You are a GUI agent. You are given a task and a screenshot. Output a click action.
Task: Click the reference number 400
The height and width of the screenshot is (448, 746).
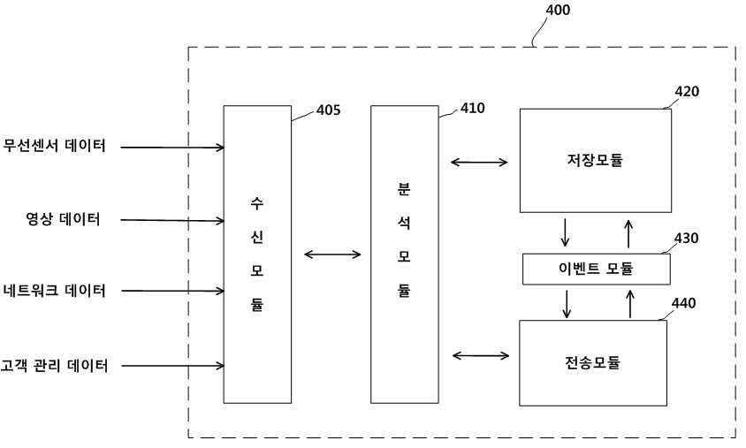(x=557, y=10)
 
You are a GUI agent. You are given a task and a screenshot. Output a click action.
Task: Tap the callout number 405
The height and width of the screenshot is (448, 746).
(x=328, y=110)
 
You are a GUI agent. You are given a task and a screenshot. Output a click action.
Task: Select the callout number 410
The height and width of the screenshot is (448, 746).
(x=472, y=109)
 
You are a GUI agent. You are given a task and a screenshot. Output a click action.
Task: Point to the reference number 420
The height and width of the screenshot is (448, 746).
(x=687, y=91)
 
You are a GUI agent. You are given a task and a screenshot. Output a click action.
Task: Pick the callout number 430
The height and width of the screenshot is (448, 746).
(x=686, y=238)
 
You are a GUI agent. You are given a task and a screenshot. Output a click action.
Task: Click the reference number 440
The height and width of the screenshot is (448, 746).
(x=683, y=303)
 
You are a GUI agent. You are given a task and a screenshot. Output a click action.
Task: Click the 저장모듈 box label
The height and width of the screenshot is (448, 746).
(x=595, y=160)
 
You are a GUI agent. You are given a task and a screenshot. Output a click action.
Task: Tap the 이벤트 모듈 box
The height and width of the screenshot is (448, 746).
(x=596, y=270)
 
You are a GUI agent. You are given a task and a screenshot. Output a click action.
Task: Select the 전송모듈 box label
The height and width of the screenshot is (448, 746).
(x=592, y=363)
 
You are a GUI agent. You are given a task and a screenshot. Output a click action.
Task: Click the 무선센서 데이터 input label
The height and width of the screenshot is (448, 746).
(x=54, y=146)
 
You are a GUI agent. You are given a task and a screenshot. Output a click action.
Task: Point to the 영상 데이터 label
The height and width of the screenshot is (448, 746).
(x=63, y=219)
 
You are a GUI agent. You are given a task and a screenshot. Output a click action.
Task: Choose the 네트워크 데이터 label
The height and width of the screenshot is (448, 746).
(x=54, y=290)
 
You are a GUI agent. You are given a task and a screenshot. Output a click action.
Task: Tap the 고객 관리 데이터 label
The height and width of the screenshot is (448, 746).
(x=54, y=365)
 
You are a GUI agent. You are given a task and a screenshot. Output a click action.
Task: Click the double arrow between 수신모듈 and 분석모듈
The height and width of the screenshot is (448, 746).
(x=332, y=254)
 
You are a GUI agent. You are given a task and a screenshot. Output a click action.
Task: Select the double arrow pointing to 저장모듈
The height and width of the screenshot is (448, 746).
(x=479, y=163)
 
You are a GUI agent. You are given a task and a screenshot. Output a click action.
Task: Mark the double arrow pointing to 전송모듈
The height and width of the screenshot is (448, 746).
(x=481, y=356)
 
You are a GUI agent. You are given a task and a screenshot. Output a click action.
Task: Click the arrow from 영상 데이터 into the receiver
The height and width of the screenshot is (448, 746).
(x=172, y=220)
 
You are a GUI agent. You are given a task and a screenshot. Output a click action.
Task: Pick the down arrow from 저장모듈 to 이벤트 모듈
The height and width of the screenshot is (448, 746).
(x=565, y=232)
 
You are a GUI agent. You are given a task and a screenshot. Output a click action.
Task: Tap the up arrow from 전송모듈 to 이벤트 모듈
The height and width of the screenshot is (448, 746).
(x=630, y=304)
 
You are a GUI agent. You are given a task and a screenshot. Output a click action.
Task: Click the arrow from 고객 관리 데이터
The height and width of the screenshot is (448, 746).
(x=172, y=366)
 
